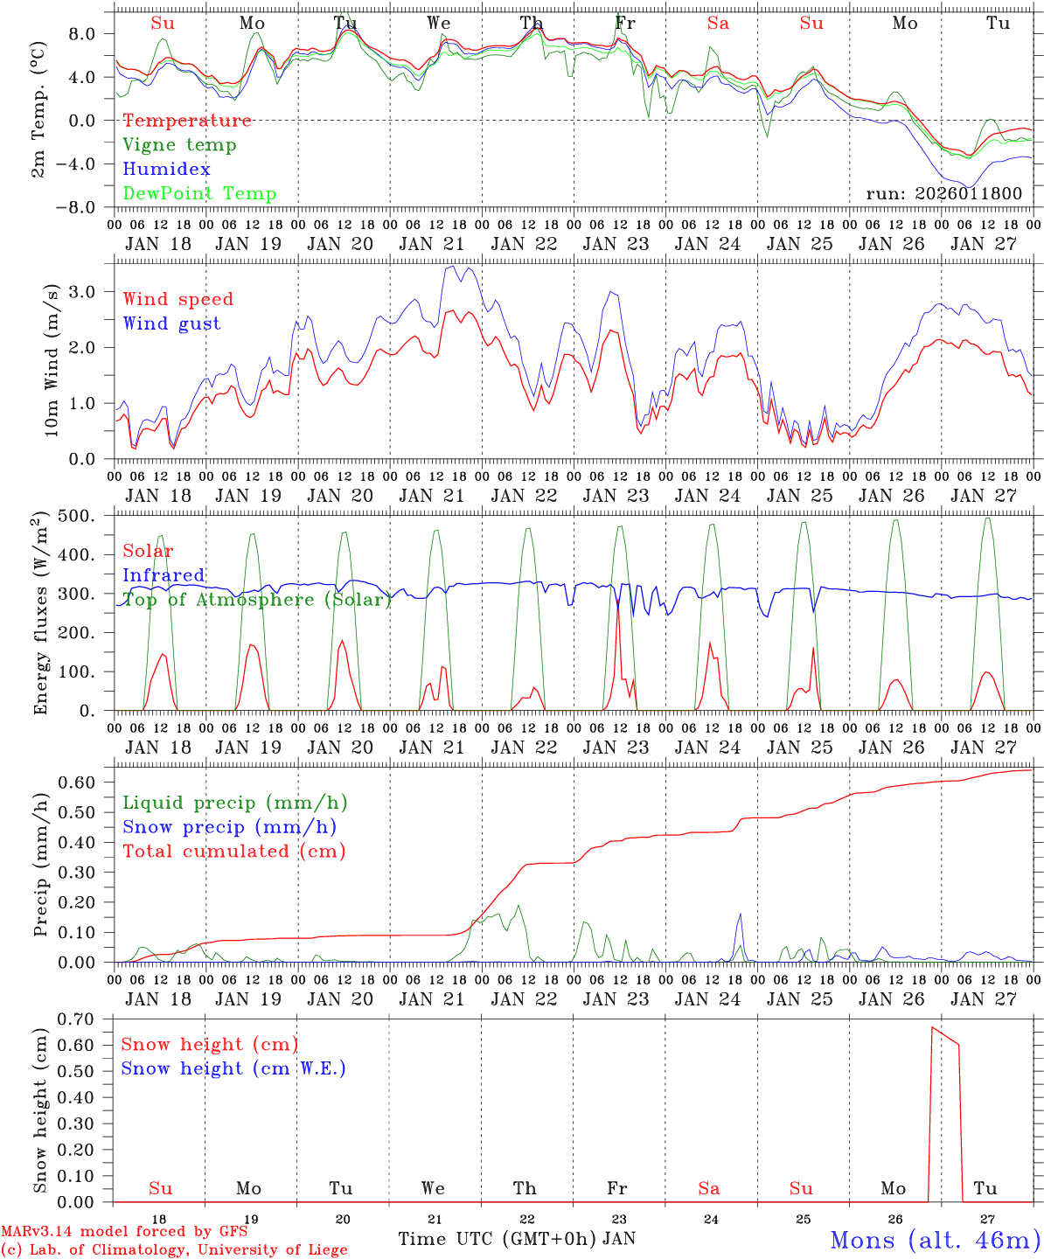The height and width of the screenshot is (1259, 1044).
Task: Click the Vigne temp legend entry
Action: (x=179, y=145)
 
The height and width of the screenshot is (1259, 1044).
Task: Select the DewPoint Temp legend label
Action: (x=199, y=194)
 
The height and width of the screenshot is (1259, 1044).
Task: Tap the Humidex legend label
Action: (x=166, y=170)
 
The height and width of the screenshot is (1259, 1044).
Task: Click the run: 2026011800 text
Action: (x=943, y=194)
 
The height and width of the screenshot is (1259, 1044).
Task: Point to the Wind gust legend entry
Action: (x=171, y=323)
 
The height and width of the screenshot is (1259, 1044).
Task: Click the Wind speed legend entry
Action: (x=178, y=299)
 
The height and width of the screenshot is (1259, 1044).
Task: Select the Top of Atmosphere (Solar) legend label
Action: (x=256, y=600)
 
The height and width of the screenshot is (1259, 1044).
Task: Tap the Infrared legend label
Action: (x=164, y=575)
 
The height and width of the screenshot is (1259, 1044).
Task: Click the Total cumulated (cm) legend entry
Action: (x=233, y=851)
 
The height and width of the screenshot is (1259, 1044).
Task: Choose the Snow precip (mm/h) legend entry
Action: (x=229, y=827)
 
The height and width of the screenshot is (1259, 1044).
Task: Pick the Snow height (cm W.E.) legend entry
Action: (x=233, y=1068)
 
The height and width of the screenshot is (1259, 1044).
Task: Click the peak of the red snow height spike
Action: (x=932, y=1027)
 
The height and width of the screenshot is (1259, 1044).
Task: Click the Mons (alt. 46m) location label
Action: (x=935, y=1240)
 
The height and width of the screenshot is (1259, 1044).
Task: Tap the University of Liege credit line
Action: (x=174, y=1249)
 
